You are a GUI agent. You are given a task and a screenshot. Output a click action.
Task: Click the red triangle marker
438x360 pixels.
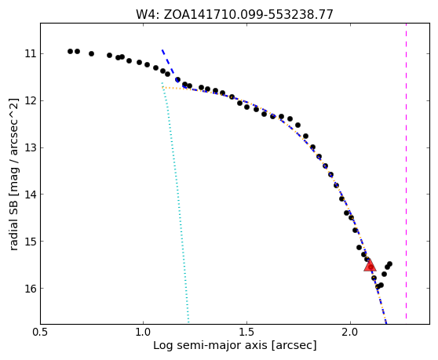coord(370,266)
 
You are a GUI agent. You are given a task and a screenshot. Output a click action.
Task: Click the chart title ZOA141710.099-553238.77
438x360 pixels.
coord(248,15)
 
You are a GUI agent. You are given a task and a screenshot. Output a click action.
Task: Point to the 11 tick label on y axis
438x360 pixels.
coord(31,53)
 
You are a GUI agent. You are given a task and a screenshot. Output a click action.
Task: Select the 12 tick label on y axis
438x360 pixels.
coord(31,100)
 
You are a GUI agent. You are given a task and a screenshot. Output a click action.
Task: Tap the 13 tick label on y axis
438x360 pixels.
coord(31,147)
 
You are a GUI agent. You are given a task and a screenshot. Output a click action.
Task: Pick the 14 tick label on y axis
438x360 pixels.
coord(31,194)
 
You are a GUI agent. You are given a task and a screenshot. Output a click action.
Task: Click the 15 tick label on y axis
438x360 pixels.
coord(31,241)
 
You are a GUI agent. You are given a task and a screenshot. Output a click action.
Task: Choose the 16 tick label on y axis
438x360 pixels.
coord(31,288)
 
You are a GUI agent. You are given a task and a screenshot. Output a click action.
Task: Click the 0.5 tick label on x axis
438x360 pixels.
coord(41,333)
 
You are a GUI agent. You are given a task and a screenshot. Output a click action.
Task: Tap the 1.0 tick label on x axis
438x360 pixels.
coord(143,333)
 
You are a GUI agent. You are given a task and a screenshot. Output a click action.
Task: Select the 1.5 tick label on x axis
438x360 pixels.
coord(246,333)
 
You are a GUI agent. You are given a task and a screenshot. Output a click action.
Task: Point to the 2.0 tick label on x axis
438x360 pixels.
coord(350,333)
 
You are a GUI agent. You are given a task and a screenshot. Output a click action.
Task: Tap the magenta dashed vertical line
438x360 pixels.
coord(406,171)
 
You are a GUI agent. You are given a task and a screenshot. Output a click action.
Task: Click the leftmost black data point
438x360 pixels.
coord(70,51)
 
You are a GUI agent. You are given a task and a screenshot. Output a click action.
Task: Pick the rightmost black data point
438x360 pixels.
coord(389,264)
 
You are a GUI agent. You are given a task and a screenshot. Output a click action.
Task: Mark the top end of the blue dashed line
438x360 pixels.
coord(162,50)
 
